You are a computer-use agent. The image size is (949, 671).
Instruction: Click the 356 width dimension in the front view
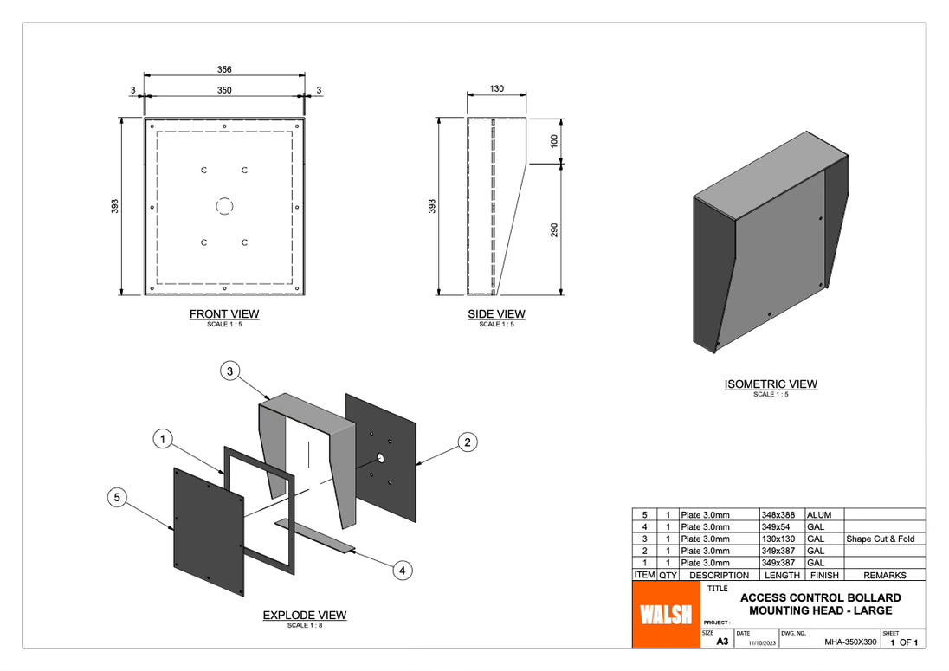[x=224, y=69]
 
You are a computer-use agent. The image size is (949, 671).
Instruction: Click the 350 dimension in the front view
[x=224, y=90]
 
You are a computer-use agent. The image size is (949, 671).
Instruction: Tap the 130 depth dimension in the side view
[x=496, y=89]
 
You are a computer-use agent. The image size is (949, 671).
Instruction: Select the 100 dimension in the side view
[x=554, y=139]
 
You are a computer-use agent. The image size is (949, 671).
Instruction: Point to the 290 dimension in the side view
[x=554, y=229]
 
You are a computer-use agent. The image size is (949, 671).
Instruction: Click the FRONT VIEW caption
[x=224, y=314]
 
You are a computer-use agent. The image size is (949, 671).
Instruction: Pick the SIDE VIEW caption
[x=496, y=314]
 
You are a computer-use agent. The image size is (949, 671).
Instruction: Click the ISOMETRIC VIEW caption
[x=771, y=384]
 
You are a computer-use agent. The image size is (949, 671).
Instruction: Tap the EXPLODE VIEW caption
[x=305, y=616]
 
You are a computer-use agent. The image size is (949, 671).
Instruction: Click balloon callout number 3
[x=229, y=371]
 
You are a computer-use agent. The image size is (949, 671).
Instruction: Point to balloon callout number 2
[x=467, y=442]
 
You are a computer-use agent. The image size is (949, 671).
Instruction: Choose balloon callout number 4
[x=403, y=570]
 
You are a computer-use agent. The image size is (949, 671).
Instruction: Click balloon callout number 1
[x=162, y=440]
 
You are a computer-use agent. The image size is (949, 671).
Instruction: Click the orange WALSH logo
[x=666, y=614]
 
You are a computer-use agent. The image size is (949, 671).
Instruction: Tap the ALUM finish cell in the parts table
[x=819, y=515]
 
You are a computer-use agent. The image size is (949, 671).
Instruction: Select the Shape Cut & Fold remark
[x=880, y=539]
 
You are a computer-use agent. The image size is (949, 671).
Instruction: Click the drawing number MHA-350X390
[x=849, y=642]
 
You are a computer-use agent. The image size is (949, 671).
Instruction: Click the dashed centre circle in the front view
[x=224, y=206]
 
